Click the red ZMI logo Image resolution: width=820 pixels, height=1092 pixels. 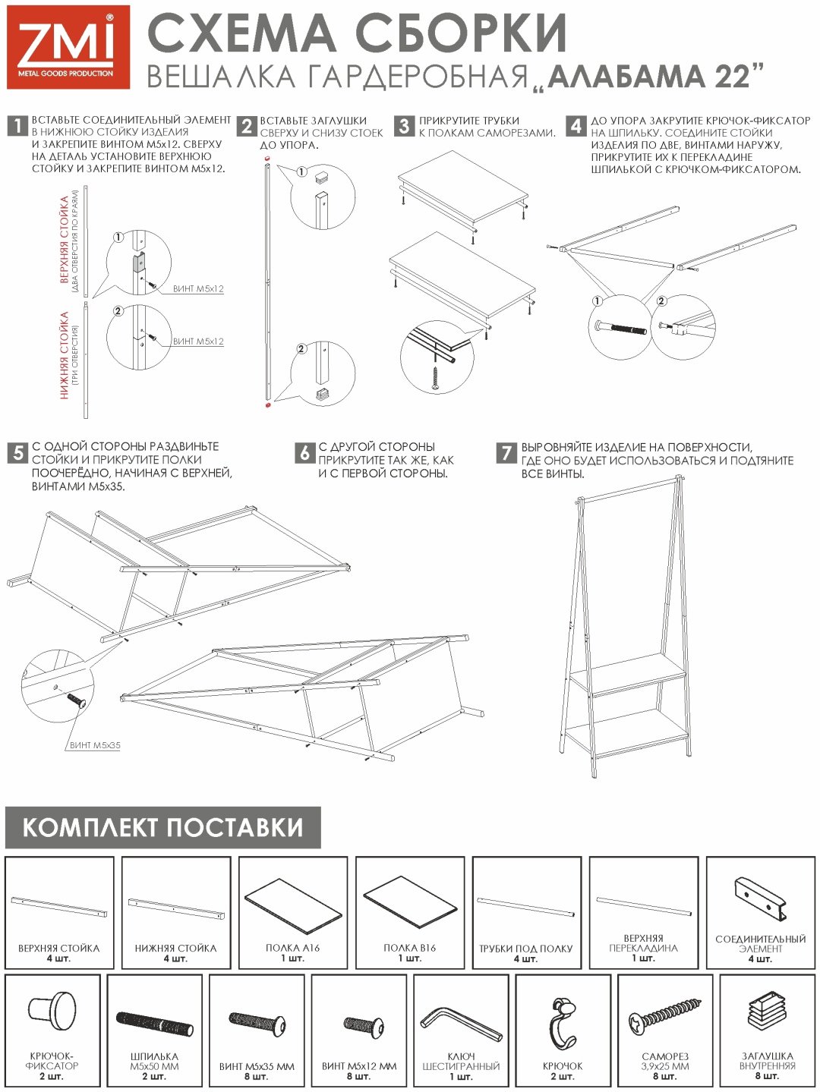[x=68, y=47]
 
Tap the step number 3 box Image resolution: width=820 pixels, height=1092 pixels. [x=404, y=126]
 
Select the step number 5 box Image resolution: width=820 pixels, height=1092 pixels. [x=17, y=453]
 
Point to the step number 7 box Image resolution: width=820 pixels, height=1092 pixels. [x=506, y=453]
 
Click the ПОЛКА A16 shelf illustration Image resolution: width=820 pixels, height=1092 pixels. [x=292, y=905]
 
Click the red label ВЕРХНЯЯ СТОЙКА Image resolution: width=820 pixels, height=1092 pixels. [x=65, y=240]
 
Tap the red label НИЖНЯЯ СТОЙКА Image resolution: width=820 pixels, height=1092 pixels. [x=65, y=355]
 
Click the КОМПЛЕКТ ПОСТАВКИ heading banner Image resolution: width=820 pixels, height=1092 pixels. [x=162, y=827]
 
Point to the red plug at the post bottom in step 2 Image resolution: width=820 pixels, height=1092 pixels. [x=268, y=405]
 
